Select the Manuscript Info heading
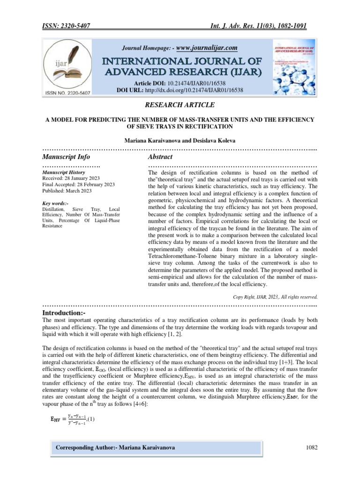coord(66,157)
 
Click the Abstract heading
coord(160,157)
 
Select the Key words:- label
coord(55,202)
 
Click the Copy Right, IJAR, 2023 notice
coord(275,297)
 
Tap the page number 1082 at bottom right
coord(310,448)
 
